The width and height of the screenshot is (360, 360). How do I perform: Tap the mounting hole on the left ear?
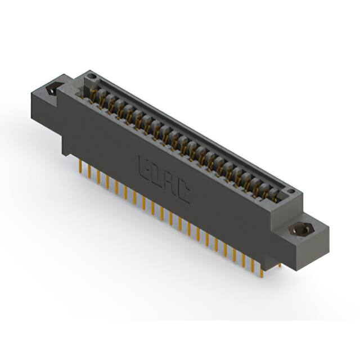(53, 89)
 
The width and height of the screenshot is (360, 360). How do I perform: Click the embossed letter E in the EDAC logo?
(143, 166)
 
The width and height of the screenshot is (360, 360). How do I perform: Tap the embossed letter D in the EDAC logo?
(157, 175)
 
